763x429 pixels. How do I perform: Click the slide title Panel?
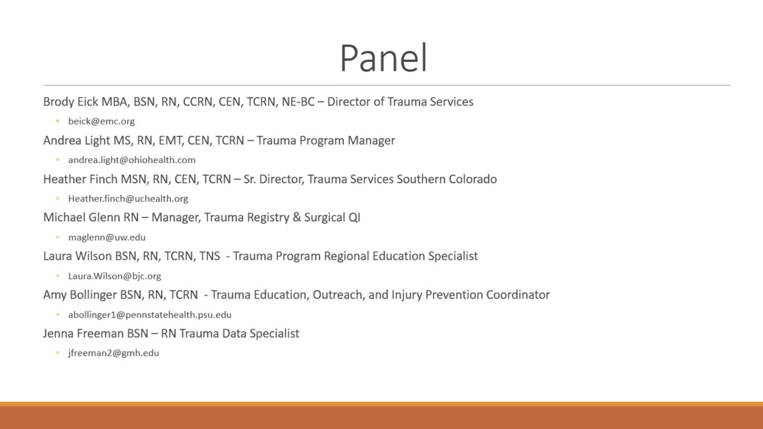[x=383, y=58]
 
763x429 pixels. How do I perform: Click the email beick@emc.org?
[x=101, y=121]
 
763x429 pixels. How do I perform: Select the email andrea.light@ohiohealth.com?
[x=132, y=160]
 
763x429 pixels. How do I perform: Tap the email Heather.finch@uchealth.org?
[x=128, y=198]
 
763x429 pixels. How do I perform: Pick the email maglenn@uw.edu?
[x=107, y=237]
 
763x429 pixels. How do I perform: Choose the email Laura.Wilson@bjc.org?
[x=115, y=276]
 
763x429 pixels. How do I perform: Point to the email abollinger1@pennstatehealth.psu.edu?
[x=150, y=315]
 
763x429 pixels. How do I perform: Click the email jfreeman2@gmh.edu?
[x=114, y=353]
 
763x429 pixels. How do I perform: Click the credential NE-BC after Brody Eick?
[x=298, y=102]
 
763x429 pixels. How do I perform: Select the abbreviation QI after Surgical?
[x=354, y=217]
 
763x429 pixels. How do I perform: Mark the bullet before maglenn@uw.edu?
[x=58, y=237]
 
